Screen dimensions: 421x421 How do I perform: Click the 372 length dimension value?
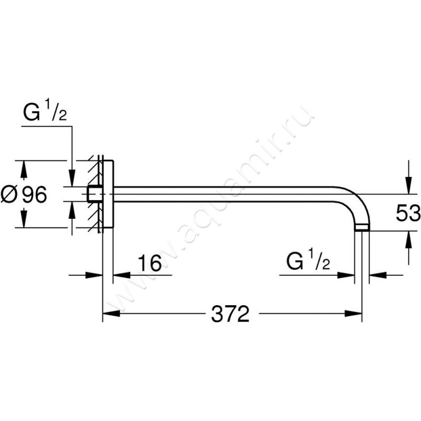pos(230,314)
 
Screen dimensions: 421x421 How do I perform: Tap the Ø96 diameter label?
pos(24,194)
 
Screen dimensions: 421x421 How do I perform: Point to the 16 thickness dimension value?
pos(150,263)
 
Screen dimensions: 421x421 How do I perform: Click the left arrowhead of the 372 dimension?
pos(111,313)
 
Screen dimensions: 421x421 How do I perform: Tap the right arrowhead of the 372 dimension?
pos(353,313)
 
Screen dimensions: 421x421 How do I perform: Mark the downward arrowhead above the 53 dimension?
pos(409,185)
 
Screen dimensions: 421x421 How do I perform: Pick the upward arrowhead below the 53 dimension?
pos(409,240)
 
